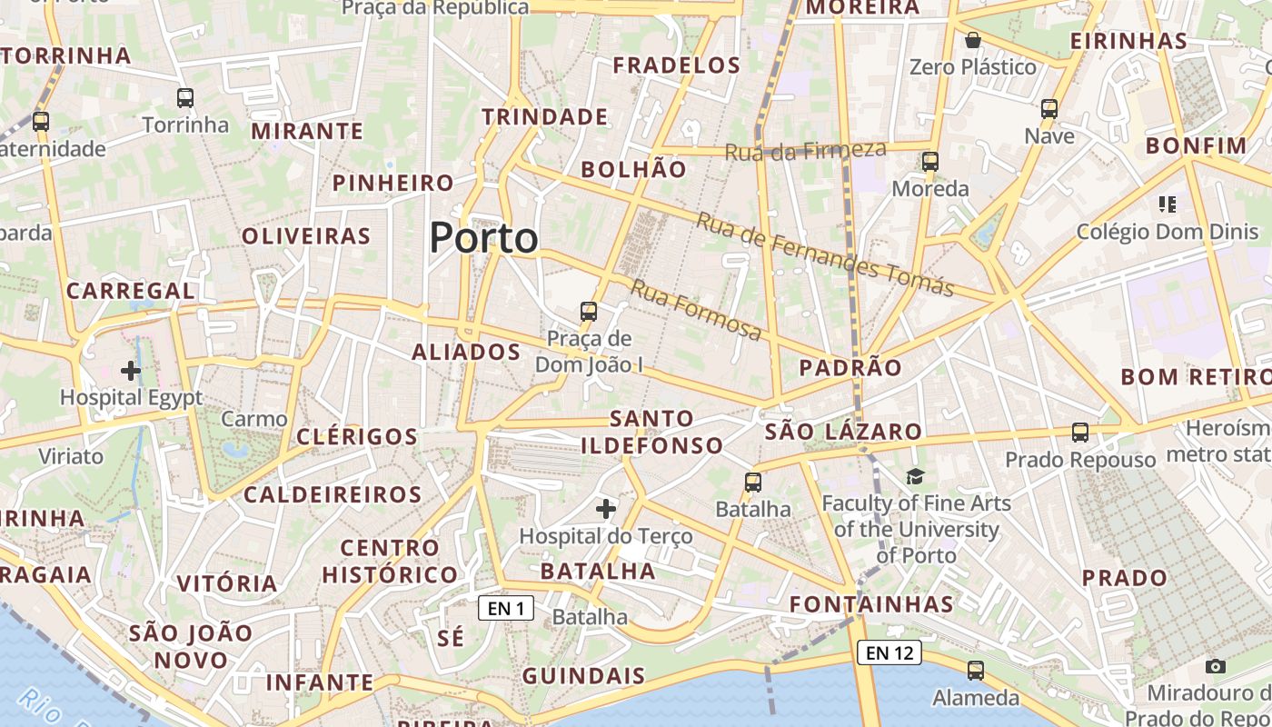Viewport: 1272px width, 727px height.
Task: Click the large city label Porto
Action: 483,238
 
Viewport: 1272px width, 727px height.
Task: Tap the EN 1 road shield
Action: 506,608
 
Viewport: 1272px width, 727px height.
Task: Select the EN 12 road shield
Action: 889,652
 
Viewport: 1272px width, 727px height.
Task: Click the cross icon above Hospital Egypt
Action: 131,371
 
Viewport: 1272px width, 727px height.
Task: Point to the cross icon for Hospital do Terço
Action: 606,509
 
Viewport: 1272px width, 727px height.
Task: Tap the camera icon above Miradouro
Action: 1216,666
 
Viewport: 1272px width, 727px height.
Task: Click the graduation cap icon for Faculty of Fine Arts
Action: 915,476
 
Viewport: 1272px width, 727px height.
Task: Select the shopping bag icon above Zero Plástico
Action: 973,40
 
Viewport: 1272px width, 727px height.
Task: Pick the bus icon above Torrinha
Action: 185,98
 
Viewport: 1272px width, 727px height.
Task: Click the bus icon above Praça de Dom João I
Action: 589,312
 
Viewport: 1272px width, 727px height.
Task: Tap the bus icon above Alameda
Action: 976,671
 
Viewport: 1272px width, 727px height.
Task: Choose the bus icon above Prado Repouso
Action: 1080,433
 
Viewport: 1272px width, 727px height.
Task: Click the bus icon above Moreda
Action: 930,162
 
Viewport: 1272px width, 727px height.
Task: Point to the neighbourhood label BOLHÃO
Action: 634,169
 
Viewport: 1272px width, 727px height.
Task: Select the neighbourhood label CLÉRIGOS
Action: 357,436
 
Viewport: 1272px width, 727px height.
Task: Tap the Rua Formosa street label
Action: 696,311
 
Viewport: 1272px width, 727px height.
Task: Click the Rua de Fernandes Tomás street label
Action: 825,254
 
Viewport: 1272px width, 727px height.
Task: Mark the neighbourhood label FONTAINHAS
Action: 871,604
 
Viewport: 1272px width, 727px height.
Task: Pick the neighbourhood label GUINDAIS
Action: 583,676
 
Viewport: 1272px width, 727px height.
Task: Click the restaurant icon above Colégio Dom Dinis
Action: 1168,204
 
